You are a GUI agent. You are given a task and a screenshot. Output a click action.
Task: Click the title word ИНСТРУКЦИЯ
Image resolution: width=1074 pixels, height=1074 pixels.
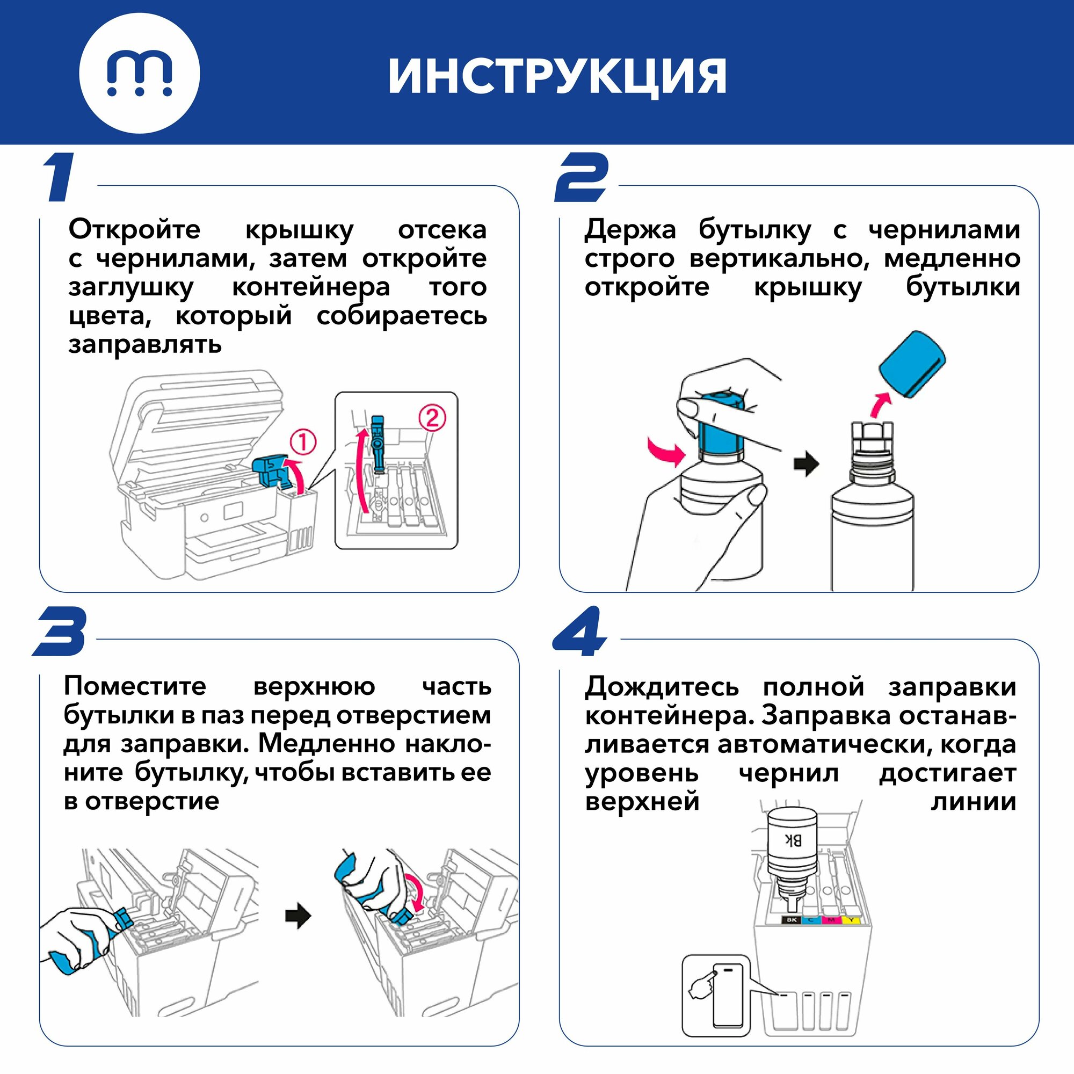pos(557,76)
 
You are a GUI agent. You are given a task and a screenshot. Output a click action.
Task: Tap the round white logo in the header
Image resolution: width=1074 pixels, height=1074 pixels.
pos(140,74)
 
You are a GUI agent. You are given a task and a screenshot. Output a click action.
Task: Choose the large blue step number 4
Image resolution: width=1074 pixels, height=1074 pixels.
pos(579,631)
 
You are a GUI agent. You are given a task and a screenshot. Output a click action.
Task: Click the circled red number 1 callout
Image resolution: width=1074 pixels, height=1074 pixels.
pos(303,442)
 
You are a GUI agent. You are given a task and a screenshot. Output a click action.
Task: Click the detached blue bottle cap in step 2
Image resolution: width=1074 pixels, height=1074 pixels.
pos(912,364)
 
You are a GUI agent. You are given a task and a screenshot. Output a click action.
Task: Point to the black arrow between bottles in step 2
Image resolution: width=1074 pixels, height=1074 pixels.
pos(807,462)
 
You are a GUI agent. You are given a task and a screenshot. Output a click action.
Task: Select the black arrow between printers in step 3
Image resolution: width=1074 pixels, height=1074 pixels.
pos(298,916)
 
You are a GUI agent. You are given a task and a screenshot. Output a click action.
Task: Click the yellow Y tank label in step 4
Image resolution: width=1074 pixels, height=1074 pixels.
pos(851,920)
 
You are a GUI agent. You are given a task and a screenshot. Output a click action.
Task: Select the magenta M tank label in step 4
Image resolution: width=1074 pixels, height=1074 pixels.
pos(831,920)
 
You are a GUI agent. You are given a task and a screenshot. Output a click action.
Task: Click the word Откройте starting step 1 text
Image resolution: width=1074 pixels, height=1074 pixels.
pos(135,230)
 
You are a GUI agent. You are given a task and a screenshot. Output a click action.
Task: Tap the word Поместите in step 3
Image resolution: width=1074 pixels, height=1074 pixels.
pos(135,685)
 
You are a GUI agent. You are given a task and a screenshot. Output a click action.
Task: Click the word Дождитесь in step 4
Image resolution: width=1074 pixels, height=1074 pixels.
pos(662,687)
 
